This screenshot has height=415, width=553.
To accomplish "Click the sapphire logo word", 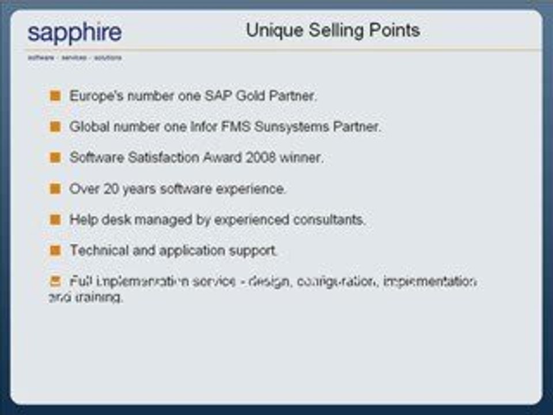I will point(74,33).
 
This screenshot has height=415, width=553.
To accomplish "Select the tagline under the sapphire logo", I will point(74,58).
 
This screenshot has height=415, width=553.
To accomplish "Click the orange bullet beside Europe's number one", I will point(55,96).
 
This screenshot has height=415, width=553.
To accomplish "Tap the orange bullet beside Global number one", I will point(55,126).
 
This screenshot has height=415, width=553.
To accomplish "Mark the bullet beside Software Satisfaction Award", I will point(55,157).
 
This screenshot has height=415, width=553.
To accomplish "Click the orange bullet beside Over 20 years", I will point(55,188).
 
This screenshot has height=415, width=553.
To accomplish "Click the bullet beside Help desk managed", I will point(55,219).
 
